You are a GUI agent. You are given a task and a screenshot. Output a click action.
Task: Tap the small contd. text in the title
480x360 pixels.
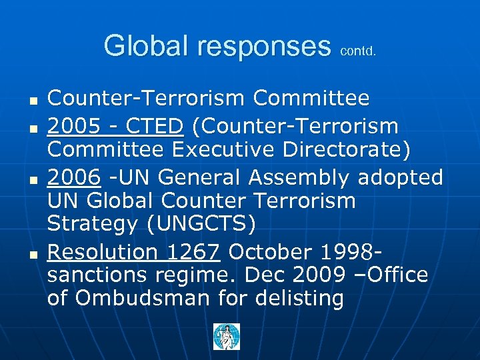pos(358,50)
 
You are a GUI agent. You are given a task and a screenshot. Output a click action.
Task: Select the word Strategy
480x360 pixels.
pos(91,225)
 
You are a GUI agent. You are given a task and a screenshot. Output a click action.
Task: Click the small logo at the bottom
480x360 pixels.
pos(227,337)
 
